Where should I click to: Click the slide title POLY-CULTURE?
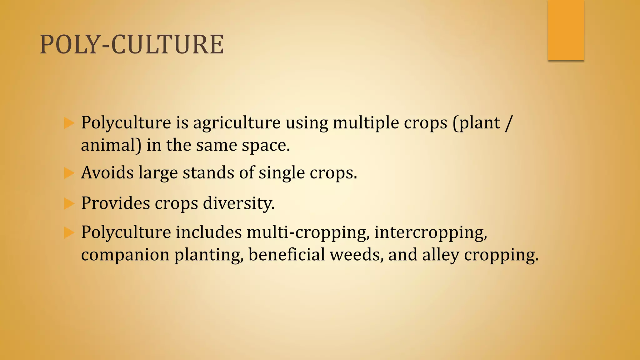click(x=132, y=44)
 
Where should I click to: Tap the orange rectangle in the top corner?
click(x=566, y=31)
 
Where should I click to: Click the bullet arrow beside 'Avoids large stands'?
click(x=69, y=173)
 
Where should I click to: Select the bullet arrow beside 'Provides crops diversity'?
click(x=69, y=203)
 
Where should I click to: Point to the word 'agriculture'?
click(x=237, y=123)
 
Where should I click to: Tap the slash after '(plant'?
click(x=508, y=123)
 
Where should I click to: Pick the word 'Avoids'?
click(x=107, y=173)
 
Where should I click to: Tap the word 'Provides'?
click(x=115, y=203)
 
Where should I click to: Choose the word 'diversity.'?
click(x=239, y=203)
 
